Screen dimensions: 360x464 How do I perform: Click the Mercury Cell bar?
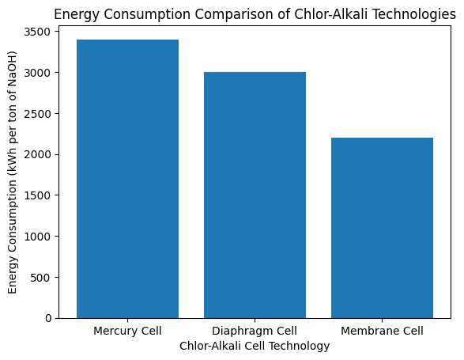coord(127,179)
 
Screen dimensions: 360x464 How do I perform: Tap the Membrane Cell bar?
coord(382,228)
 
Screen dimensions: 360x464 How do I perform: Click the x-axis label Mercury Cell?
coord(127,330)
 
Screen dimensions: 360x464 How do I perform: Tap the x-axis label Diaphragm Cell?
coord(255,330)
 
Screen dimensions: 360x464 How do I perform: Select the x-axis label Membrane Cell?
coord(382,330)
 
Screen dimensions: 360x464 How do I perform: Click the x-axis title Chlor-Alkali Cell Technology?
coord(255,346)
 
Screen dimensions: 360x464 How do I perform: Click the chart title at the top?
coord(255,12)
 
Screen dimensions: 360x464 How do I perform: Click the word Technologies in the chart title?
coord(407,12)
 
